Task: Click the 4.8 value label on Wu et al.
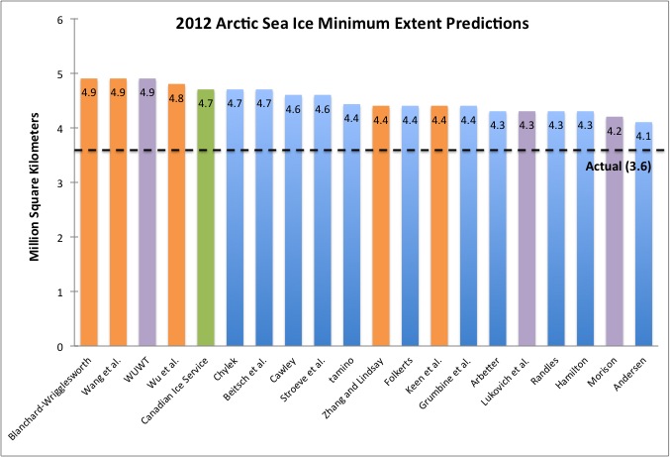(x=177, y=99)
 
